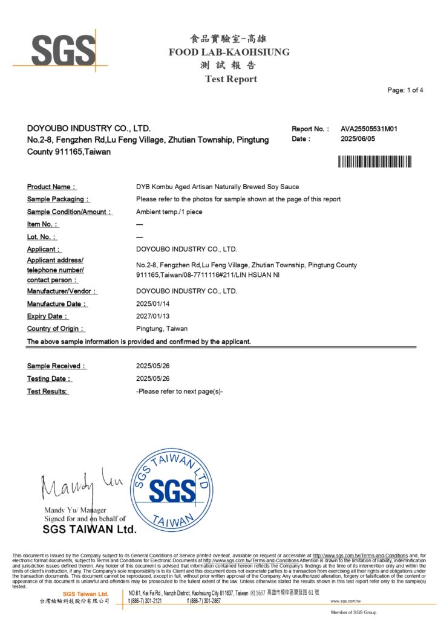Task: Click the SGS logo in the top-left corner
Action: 63,49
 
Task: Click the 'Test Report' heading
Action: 230,79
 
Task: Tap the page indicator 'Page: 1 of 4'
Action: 405,90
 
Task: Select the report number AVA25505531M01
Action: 369,129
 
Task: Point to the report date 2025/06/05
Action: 359,139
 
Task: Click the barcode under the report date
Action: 374,161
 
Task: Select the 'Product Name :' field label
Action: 51,187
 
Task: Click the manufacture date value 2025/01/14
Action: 154,304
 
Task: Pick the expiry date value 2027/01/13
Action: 154,316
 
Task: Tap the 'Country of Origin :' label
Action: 56,329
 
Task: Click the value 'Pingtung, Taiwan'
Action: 162,329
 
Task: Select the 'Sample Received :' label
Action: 56,366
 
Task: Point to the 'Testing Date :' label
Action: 49,379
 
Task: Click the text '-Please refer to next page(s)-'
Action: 180,391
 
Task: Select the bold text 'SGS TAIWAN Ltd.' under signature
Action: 90,530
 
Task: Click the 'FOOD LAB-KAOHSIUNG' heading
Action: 229,53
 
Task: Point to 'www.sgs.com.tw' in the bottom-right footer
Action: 346,601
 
